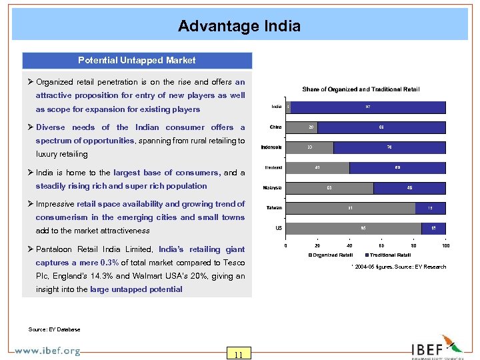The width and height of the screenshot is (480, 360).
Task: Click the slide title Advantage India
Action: [x=239, y=26]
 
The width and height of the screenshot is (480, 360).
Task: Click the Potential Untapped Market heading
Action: [x=137, y=61]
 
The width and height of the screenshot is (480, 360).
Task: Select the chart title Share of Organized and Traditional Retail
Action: [x=361, y=89]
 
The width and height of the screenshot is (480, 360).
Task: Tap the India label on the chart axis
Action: [x=276, y=107]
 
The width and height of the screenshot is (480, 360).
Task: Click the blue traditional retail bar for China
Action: [x=381, y=127]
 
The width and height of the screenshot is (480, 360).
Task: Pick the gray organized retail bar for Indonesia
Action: [x=309, y=147]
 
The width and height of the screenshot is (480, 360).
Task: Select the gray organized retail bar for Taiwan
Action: [x=350, y=208]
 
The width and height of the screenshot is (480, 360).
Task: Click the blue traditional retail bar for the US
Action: [x=433, y=229]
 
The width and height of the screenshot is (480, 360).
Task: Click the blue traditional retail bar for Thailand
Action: [x=397, y=167]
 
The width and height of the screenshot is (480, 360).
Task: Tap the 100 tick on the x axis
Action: [x=445, y=245]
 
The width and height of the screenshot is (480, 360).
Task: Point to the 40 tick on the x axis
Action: [x=349, y=245]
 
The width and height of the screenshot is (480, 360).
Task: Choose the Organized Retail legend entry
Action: [x=331, y=255]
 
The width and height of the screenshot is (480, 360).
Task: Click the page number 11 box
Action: [x=238, y=353]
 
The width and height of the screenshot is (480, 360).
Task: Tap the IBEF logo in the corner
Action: [x=436, y=347]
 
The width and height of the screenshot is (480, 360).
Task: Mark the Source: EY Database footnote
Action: [x=55, y=329]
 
